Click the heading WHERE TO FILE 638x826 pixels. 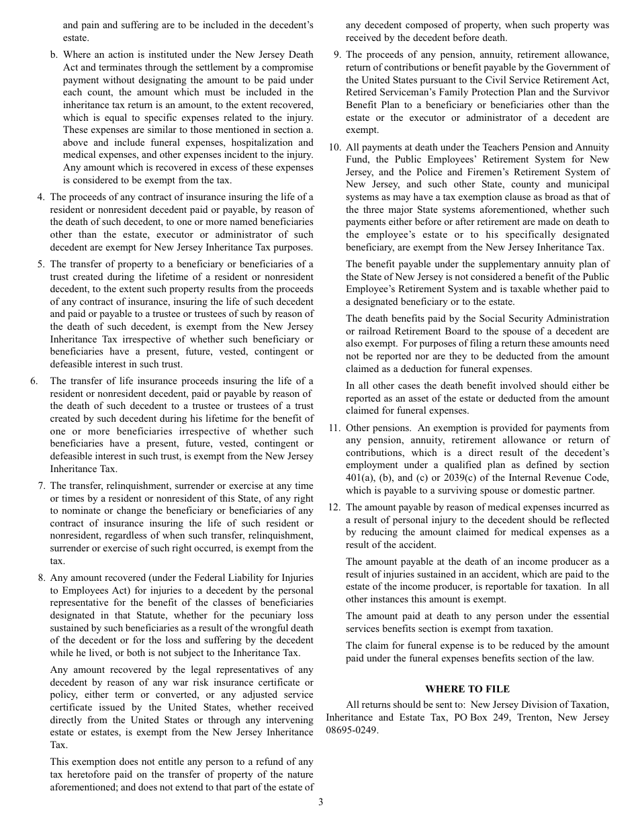point(467,689)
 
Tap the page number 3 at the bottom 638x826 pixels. point(320,801)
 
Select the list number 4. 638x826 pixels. point(40,197)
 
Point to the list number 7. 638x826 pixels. point(40,486)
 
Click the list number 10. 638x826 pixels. point(334,147)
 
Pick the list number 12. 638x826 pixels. point(334,507)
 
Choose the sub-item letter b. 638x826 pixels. point(54,54)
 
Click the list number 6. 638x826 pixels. point(34,381)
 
